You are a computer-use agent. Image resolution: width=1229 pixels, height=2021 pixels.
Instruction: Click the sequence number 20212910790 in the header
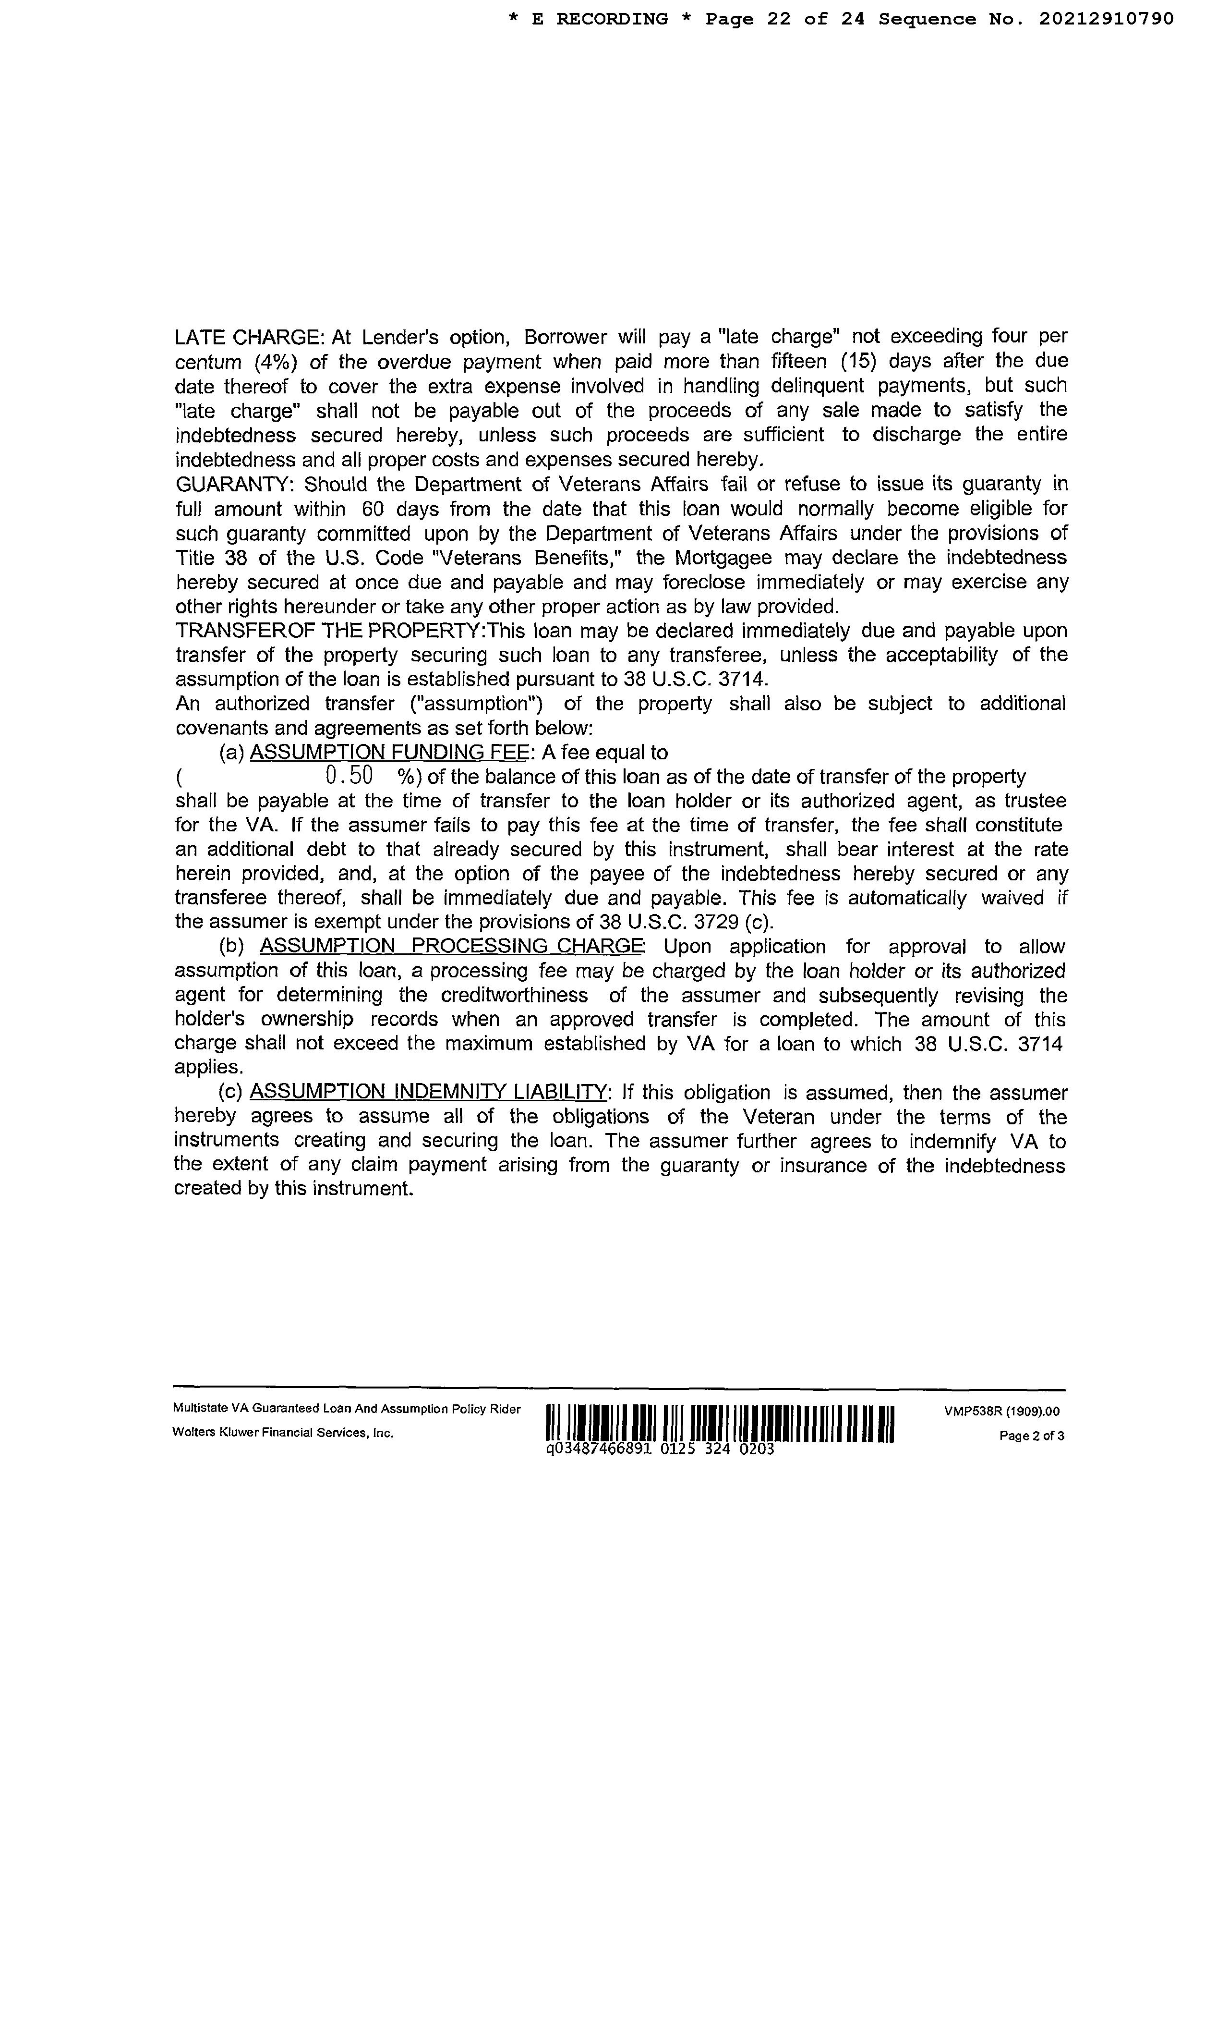[1106, 19]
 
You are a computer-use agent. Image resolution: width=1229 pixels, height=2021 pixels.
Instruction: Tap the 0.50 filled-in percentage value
[349, 776]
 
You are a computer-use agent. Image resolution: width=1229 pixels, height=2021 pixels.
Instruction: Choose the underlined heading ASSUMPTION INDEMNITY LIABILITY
[428, 1093]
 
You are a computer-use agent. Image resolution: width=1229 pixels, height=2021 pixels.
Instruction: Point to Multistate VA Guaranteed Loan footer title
[346, 1409]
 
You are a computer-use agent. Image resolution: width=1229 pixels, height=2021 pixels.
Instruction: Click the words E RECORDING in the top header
[599, 19]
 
